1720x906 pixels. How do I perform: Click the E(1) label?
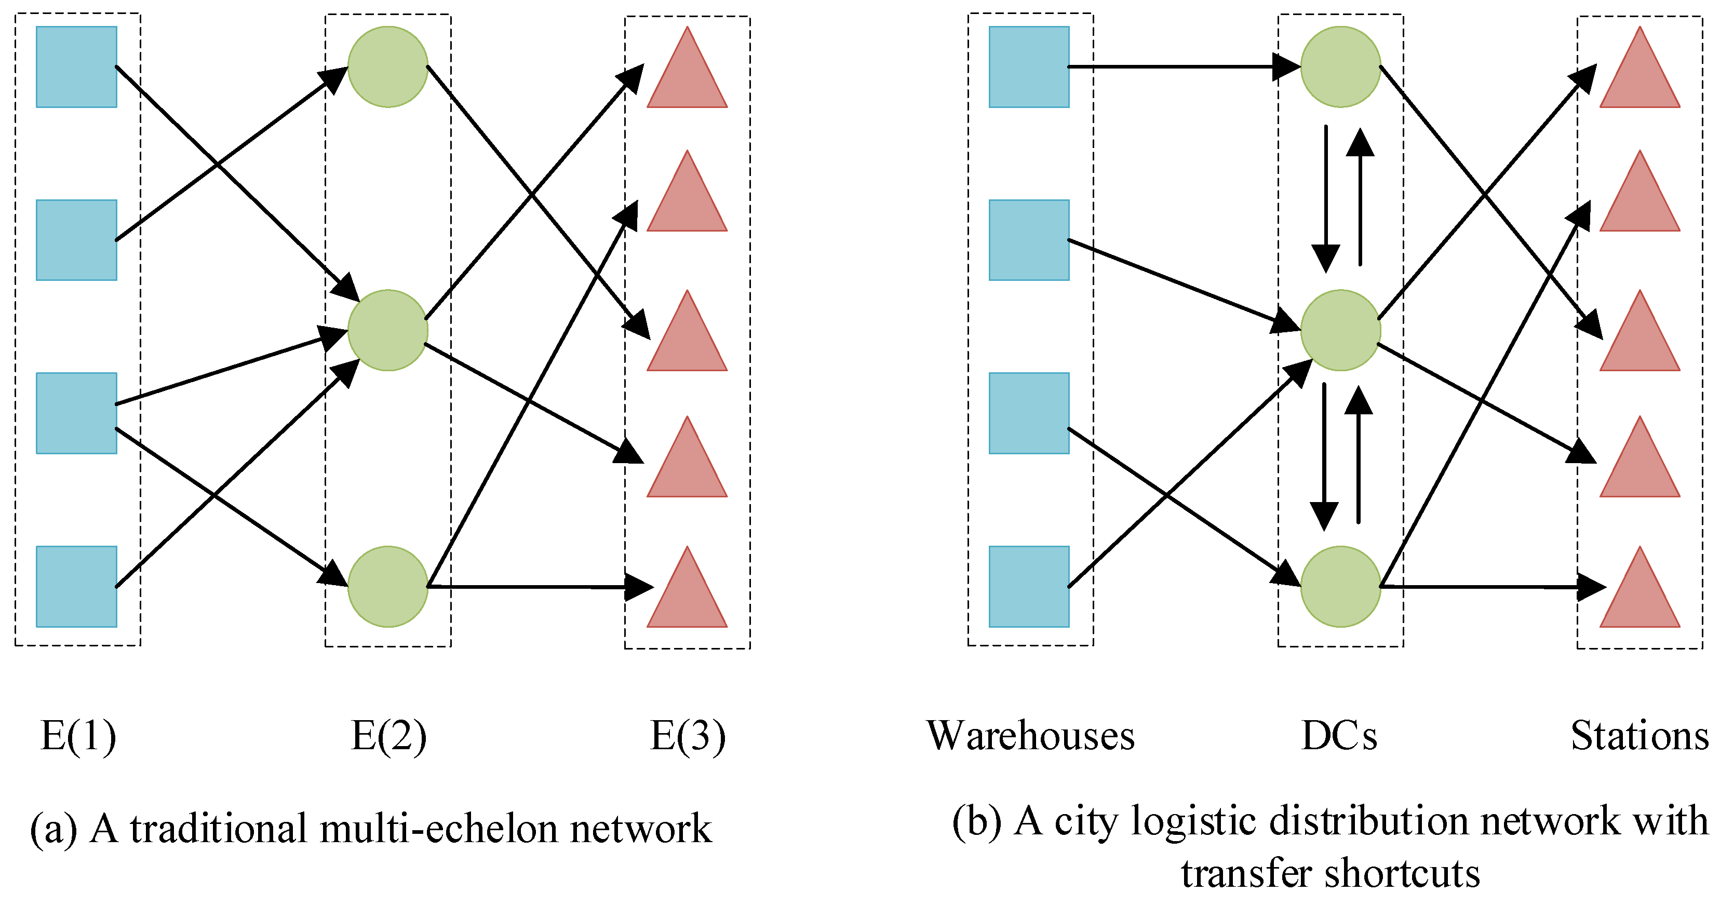78,736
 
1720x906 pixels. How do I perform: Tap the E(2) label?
388,736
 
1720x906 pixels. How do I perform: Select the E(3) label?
688,736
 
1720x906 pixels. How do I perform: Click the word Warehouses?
1030,736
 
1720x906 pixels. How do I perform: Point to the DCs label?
1339,736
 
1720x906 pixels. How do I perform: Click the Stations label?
1639,736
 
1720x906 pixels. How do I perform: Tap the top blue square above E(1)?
76,67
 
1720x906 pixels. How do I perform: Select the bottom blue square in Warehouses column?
1028,586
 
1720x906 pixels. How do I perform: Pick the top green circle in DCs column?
1340,67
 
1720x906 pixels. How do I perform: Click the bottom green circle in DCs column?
1340,586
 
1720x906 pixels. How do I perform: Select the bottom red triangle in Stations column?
1639,594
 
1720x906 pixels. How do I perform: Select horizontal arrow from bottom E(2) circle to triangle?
534,586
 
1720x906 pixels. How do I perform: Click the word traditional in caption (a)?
218,829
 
